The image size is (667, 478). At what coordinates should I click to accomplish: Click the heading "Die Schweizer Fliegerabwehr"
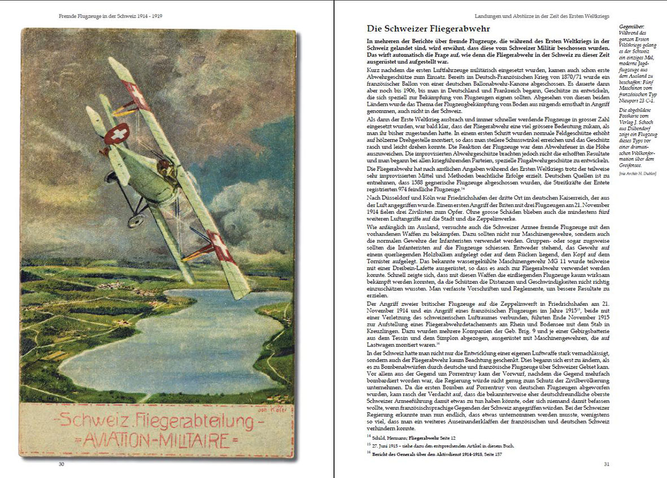point(428,28)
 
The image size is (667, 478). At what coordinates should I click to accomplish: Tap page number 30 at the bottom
point(62,464)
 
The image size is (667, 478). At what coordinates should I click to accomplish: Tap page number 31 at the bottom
point(607,464)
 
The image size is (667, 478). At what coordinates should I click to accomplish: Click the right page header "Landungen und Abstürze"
point(540,16)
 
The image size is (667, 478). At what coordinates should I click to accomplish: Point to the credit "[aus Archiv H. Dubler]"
point(640,173)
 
